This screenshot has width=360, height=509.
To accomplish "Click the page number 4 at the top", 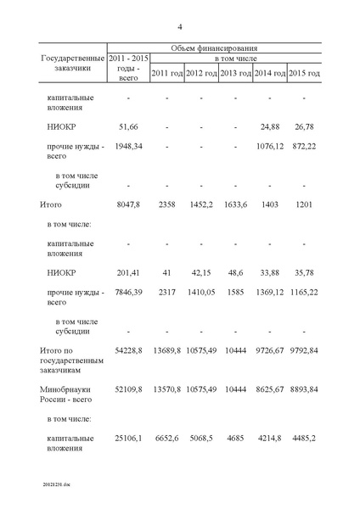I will (180, 26).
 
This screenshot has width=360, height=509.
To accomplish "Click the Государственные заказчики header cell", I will (72, 62).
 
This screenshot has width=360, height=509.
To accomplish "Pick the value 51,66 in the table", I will (127, 127).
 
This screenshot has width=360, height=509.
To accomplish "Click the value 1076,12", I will (270, 147).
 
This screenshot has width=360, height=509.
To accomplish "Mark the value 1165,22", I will (304, 292).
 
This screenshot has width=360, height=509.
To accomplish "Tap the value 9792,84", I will (304, 350).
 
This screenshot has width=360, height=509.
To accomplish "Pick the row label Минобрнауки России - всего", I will (71, 394).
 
